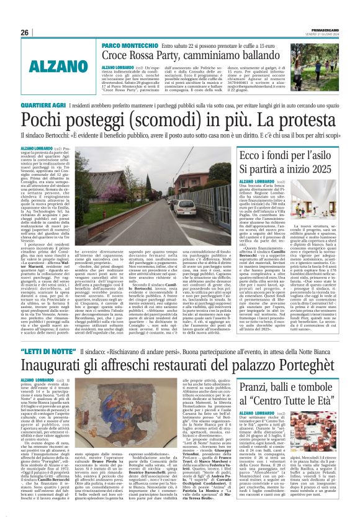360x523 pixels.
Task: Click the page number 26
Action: coord(25,32)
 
